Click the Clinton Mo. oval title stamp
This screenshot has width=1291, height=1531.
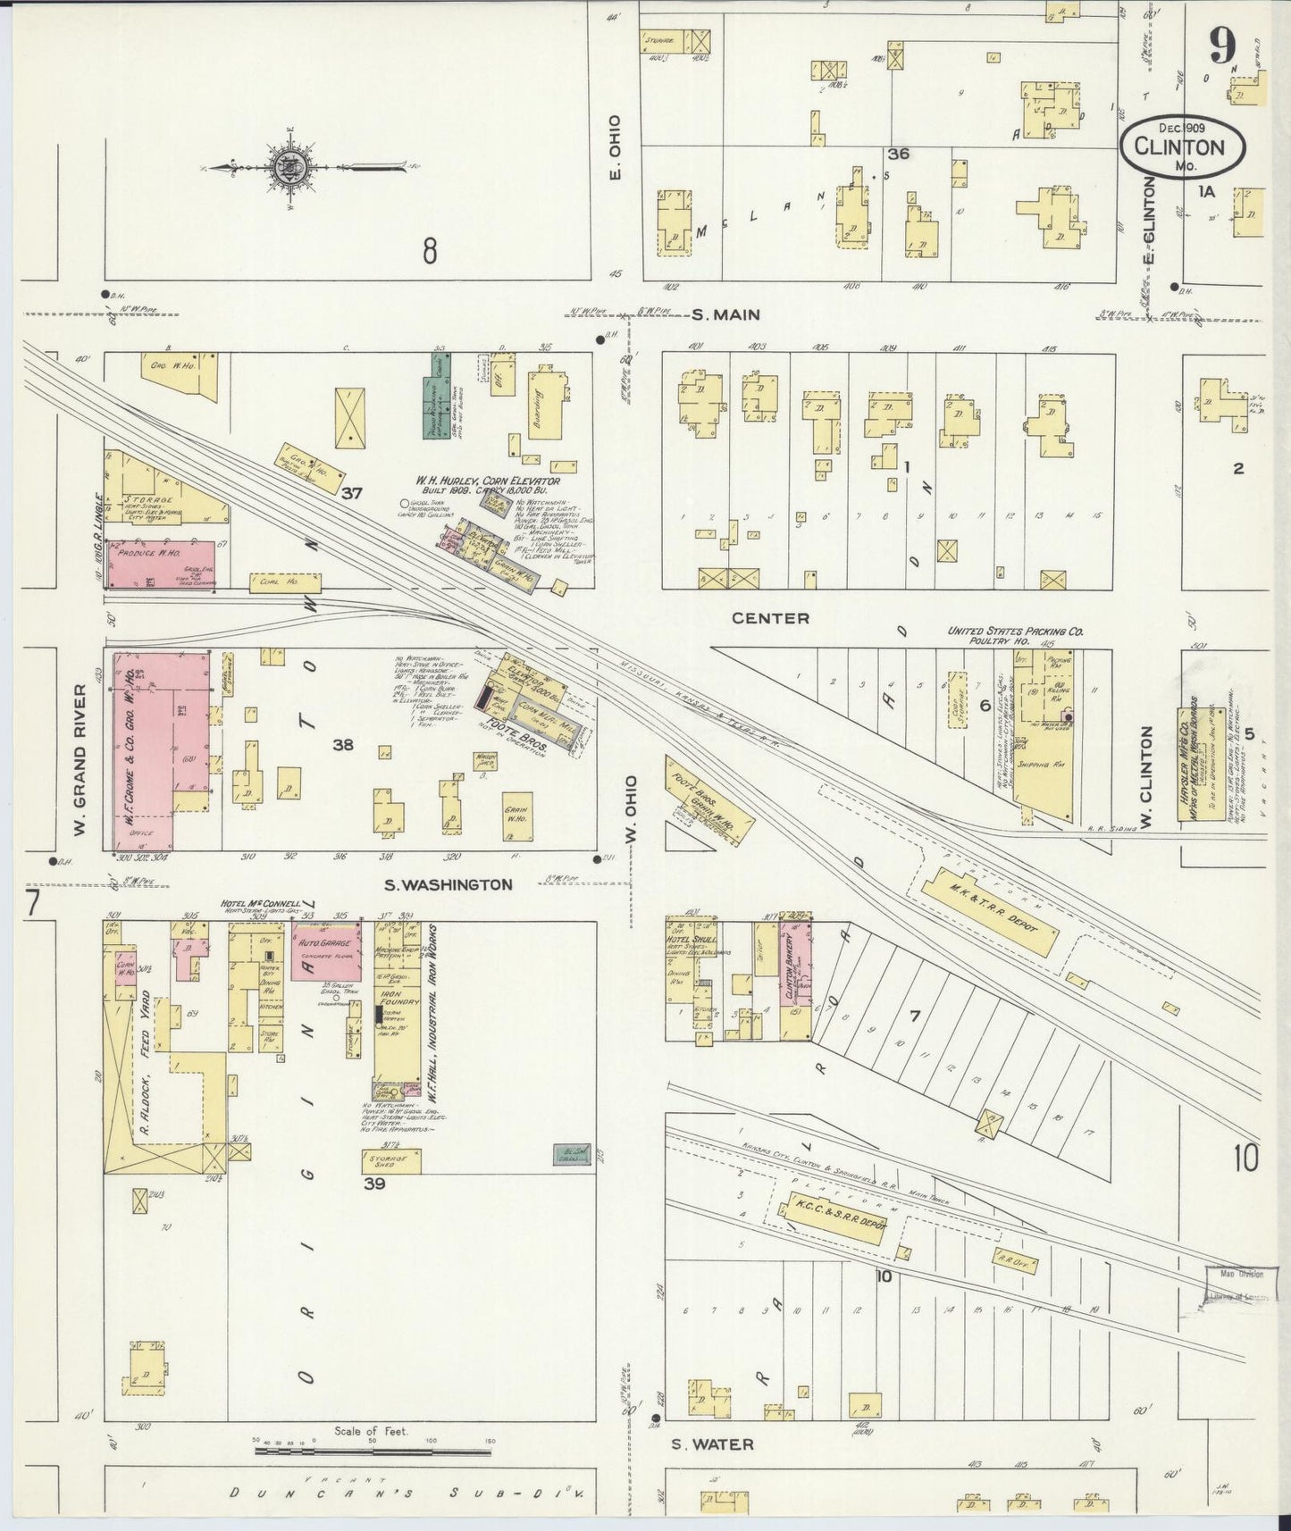(1185, 146)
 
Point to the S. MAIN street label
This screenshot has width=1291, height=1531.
(725, 314)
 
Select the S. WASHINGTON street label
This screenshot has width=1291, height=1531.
(448, 885)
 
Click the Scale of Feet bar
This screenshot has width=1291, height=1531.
(373, 1452)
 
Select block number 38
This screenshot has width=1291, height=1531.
(343, 744)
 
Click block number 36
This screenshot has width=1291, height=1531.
(898, 154)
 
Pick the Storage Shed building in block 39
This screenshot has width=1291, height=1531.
(391, 1160)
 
